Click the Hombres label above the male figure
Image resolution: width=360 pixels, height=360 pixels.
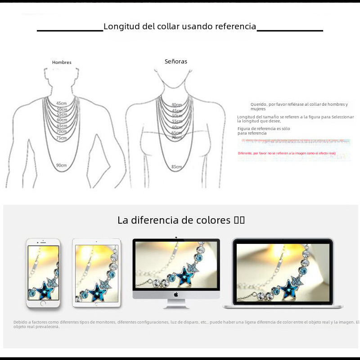tap(62, 63)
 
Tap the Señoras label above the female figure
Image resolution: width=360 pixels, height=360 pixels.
tap(176, 61)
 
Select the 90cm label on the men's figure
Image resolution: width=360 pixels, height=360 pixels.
tap(62, 165)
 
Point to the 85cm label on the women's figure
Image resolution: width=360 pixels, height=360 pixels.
tap(176, 167)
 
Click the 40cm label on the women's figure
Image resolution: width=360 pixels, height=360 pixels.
tap(176, 105)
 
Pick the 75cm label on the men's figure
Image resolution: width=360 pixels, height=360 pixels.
tap(62, 138)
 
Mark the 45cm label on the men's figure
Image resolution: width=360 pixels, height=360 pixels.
tap(62, 103)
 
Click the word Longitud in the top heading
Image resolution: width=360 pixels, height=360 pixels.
tap(121, 27)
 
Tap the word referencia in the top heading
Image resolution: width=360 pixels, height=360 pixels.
tap(235, 27)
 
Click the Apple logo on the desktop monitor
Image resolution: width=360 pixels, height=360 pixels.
tap(176, 294)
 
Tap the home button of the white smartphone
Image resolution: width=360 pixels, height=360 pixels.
tap(43, 303)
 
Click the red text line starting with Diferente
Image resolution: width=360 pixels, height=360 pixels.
tap(287, 153)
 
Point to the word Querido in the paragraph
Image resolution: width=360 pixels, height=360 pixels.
tap(259, 104)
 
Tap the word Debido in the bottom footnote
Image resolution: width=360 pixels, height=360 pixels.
tap(21, 322)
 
